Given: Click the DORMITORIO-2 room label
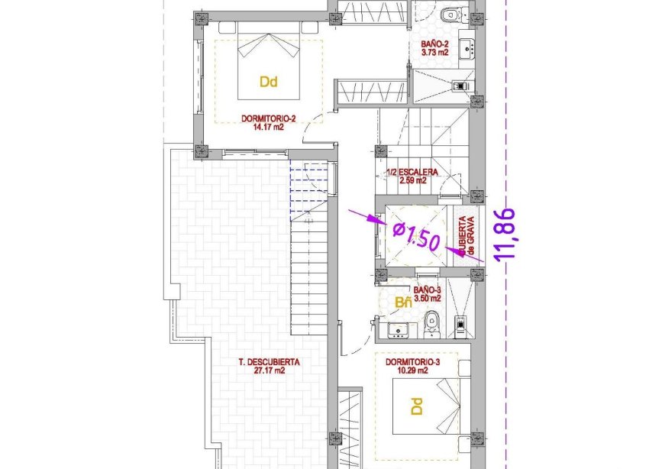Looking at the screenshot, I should coord(267,118).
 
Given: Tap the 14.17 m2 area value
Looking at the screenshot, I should coord(267,127).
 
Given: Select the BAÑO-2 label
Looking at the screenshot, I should coord(434,44).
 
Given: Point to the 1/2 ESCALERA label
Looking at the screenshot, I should coord(412,173).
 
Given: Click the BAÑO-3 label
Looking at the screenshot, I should coord(428,290).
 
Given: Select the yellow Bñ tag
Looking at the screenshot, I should coord(403,303).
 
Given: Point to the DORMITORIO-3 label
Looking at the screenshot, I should coord(412,361).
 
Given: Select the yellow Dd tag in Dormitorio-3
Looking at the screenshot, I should coord(416,406).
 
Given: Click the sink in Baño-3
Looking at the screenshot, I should coord(397,330).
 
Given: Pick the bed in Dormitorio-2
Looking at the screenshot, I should coord(268,61).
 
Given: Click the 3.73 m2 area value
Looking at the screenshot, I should coord(434,53).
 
